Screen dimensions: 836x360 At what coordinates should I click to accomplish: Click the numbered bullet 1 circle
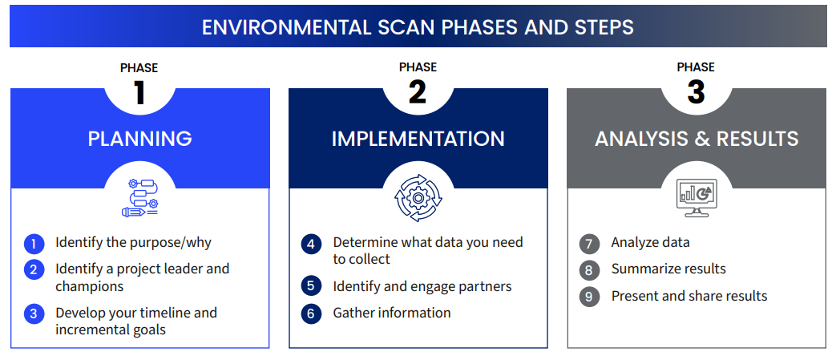pyautogui.click(x=34, y=245)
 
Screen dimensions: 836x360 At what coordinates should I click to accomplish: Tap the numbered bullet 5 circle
pyautogui.click(x=311, y=287)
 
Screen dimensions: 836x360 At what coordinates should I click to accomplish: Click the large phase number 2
pyautogui.click(x=418, y=91)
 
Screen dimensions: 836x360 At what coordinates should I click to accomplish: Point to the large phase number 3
pyautogui.click(x=696, y=91)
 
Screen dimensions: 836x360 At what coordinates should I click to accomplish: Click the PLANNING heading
pyautogui.click(x=139, y=139)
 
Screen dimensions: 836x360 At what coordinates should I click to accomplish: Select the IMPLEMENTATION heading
pyautogui.click(x=418, y=139)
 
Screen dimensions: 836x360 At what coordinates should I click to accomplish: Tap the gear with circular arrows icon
pyautogui.click(x=418, y=198)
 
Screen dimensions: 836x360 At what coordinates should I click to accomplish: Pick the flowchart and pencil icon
pyautogui.click(x=139, y=198)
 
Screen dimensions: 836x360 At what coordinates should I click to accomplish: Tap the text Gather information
pyautogui.click(x=392, y=313)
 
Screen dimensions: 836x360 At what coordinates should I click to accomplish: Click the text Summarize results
pyautogui.click(x=668, y=269)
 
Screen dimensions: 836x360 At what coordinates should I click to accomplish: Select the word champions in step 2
pyautogui.click(x=90, y=286)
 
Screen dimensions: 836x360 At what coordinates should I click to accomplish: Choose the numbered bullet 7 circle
pyautogui.click(x=588, y=245)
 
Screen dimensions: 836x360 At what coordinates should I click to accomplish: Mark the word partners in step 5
pyautogui.click(x=486, y=287)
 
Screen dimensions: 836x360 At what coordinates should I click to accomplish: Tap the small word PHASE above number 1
pyautogui.click(x=139, y=67)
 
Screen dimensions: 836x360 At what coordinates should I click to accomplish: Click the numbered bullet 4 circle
pyautogui.click(x=311, y=245)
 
